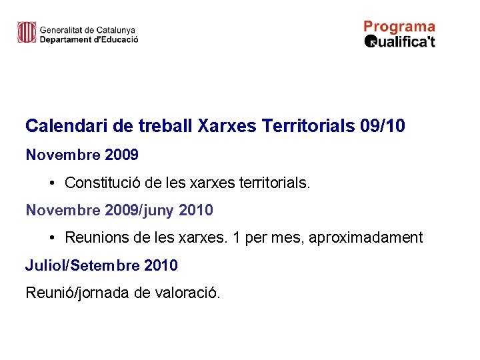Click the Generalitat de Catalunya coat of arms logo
(x=26, y=32)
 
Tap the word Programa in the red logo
(x=399, y=27)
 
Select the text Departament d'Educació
(x=89, y=39)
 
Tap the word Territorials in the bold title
(x=309, y=126)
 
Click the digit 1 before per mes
(x=236, y=238)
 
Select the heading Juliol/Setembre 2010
(x=101, y=265)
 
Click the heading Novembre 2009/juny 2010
(x=119, y=211)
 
